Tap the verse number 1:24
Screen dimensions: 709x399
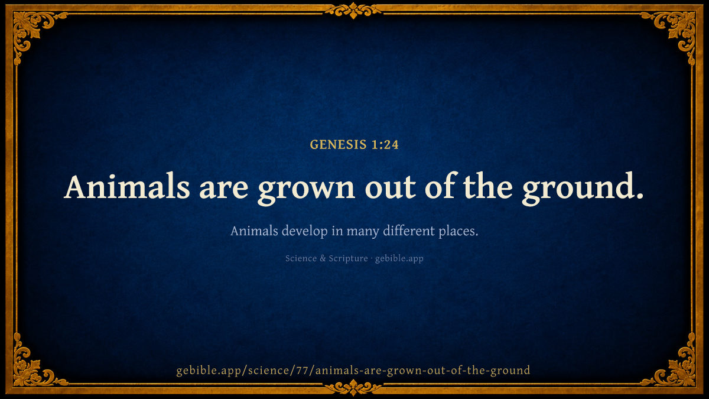point(385,145)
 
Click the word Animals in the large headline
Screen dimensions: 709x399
point(127,187)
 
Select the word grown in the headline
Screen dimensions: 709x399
point(307,190)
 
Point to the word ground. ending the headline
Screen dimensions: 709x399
point(583,189)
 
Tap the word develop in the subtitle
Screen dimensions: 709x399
point(304,232)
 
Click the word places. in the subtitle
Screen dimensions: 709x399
point(458,232)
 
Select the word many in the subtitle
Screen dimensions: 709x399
point(363,232)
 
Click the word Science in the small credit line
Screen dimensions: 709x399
point(301,258)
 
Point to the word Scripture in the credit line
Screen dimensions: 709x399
point(348,259)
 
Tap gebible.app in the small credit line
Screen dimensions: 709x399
point(399,259)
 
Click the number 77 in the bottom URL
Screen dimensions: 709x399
point(303,370)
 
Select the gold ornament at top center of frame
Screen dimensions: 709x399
point(353,11)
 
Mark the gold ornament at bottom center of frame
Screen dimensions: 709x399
point(353,388)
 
